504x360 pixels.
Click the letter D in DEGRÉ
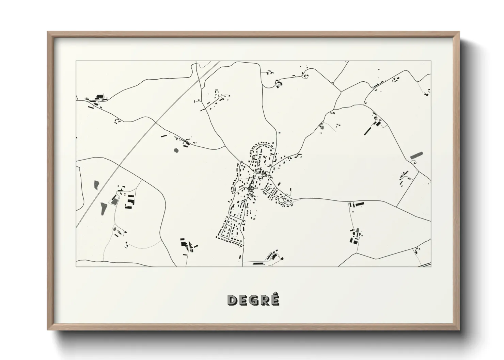tap(232, 300)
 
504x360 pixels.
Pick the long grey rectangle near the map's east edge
tap(416, 155)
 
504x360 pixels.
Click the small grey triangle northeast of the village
tap(321, 127)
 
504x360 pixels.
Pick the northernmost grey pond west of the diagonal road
tap(96, 185)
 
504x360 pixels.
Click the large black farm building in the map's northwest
tap(100, 97)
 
